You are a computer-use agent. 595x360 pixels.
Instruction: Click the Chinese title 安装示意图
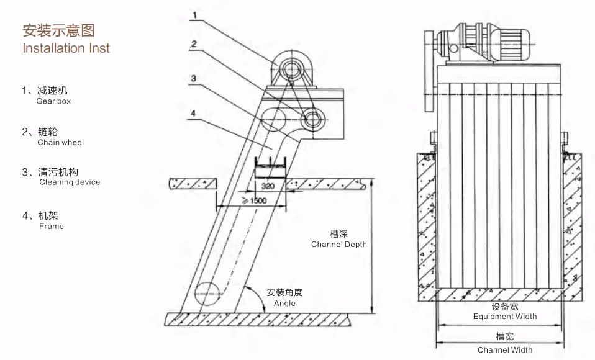(58, 30)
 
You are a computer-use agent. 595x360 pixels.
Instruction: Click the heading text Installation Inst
(66, 48)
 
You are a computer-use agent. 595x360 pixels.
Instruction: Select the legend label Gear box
(53, 101)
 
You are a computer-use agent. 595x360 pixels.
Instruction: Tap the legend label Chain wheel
(60, 142)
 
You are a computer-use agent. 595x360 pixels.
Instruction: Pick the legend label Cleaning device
(69, 182)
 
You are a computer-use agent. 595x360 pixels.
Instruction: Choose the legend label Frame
(51, 227)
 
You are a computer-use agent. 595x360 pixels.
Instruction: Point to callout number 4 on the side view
(193, 113)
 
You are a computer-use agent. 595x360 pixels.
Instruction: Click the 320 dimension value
(268, 186)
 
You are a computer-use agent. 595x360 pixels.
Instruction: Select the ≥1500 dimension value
(254, 201)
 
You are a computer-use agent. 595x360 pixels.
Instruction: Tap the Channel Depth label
(338, 244)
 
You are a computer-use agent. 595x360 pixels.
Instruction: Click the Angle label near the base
(284, 303)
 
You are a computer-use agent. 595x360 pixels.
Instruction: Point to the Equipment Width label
(504, 316)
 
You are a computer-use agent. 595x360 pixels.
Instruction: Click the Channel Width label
(504, 349)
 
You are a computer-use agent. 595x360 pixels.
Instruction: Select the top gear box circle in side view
(289, 67)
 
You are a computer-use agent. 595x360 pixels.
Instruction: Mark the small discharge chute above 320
(269, 166)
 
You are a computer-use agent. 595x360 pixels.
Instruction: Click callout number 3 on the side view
(194, 78)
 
